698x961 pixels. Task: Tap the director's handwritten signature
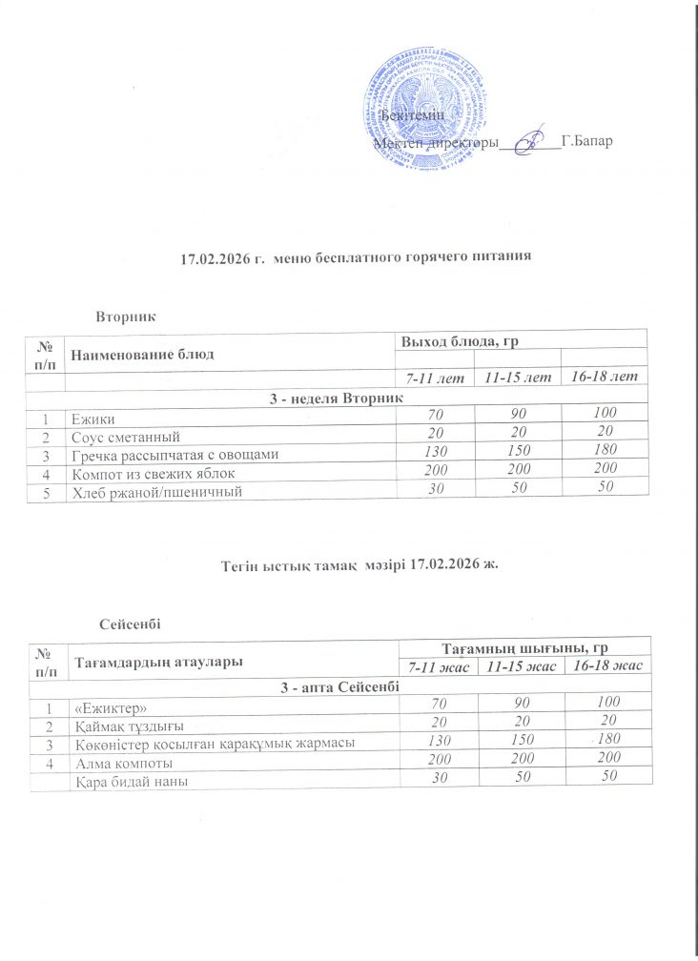tap(530, 141)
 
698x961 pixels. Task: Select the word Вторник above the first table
tap(127, 314)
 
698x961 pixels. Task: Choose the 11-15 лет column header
tap(518, 378)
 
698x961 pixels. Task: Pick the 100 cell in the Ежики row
tap(603, 412)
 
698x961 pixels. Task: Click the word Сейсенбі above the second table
tap(129, 624)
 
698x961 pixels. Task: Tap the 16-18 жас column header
tap(606, 665)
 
